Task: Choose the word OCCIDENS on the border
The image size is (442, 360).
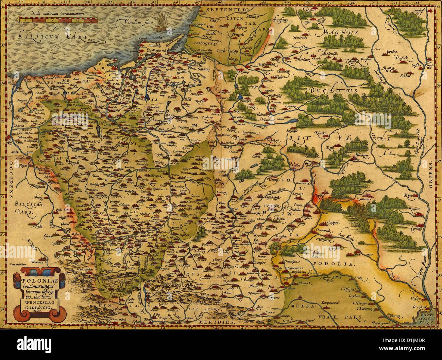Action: click(11, 177)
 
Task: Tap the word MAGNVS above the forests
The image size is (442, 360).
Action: click(341, 33)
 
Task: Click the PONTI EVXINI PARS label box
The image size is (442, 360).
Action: click(426, 318)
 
